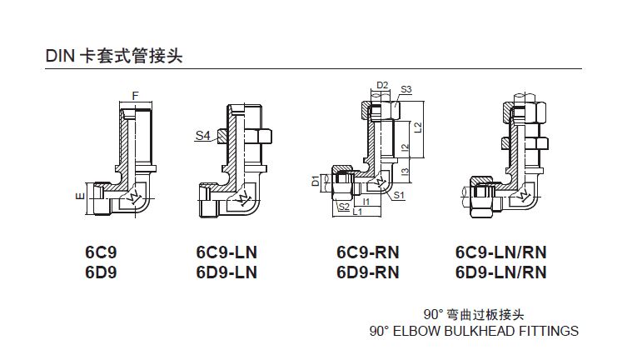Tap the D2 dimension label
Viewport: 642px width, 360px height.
click(383, 85)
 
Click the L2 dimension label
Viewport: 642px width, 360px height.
click(419, 127)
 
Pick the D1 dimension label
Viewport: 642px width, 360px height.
click(316, 180)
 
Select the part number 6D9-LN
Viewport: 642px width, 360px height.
click(226, 272)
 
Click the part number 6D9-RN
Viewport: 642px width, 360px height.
click(367, 272)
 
